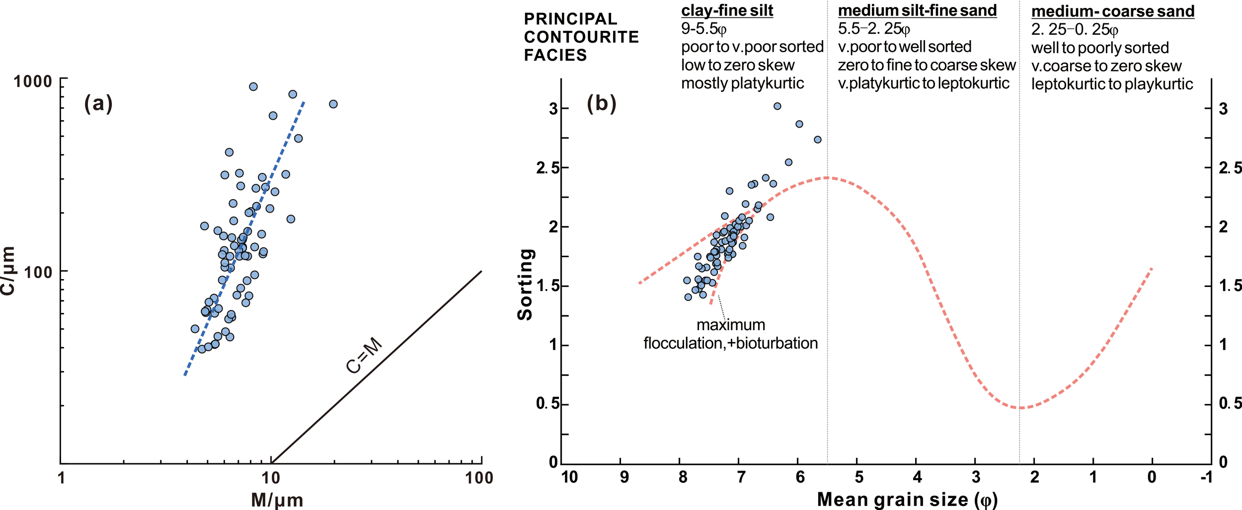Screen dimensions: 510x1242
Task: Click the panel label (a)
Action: pos(98,104)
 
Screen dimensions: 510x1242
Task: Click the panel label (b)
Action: pos(601,104)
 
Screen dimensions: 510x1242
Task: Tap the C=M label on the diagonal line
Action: pos(364,356)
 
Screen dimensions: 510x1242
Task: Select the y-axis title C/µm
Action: pos(8,271)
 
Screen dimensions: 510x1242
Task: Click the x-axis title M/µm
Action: pos(277,500)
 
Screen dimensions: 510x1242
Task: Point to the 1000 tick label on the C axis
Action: pos(33,81)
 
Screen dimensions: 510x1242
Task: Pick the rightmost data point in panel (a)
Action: pos(333,104)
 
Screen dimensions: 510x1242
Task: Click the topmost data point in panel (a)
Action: pos(253,87)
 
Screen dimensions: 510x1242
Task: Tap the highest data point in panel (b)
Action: pos(777,106)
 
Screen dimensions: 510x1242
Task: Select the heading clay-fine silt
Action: pos(727,10)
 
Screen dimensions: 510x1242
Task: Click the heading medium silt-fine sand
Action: pos(917,10)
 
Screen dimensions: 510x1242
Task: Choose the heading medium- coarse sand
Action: pos(1112,11)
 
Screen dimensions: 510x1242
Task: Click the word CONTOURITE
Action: pos(581,37)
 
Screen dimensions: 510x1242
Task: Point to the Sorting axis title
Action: pos(526,285)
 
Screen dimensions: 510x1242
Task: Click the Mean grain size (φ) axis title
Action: pos(907,499)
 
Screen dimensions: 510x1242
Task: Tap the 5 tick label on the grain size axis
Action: pos(859,477)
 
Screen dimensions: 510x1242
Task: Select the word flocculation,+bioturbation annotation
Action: pos(730,343)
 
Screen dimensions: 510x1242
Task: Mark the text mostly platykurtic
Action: pos(742,83)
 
